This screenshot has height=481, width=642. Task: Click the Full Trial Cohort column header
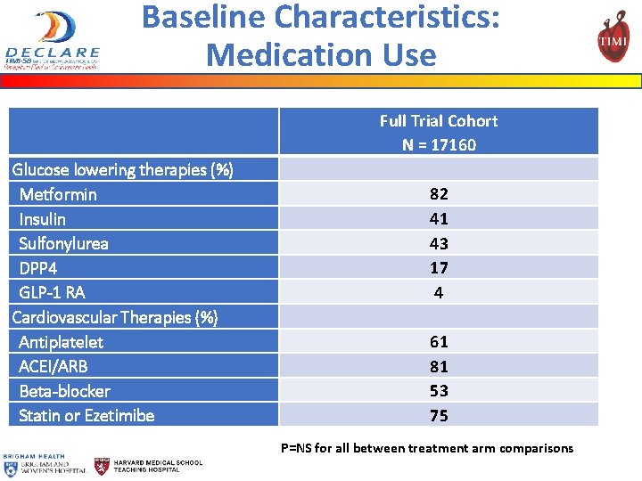[x=439, y=121]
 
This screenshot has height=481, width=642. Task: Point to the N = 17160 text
[x=439, y=145]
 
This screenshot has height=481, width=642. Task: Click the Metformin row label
[x=58, y=194]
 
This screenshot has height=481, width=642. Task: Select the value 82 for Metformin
[x=439, y=194]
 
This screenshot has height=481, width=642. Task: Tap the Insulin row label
[x=42, y=219]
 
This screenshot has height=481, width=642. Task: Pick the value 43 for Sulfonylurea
[x=439, y=243]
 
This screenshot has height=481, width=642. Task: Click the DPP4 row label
[x=37, y=268]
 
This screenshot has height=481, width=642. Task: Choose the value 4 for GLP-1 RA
[x=439, y=292]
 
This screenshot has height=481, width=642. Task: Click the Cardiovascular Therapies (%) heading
[x=115, y=317]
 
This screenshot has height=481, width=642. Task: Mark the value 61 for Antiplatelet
[x=439, y=341]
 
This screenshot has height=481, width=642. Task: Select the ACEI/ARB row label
[x=53, y=366]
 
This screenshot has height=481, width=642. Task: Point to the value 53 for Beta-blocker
[x=439, y=390]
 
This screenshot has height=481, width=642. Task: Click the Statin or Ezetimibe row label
[x=86, y=415]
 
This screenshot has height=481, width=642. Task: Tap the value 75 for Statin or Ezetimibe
[x=439, y=415]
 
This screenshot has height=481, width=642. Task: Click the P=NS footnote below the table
[x=427, y=448]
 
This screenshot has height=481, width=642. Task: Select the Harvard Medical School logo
[x=149, y=465]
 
